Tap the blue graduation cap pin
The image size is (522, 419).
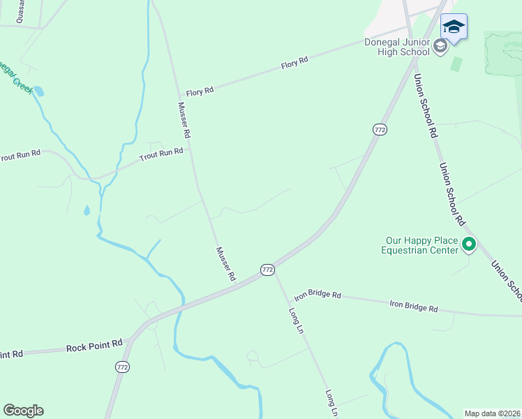click(x=454, y=28)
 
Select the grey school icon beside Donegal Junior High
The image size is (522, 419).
click(x=440, y=47)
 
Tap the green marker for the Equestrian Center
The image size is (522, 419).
click(x=469, y=245)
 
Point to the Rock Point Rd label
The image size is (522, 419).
click(x=95, y=346)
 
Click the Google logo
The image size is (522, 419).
click(x=23, y=411)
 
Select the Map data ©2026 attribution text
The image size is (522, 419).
click(x=492, y=413)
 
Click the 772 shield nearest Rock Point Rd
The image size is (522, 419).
click(x=122, y=367)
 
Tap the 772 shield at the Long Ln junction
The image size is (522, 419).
click(x=267, y=270)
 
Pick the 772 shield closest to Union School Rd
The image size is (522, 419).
click(x=380, y=130)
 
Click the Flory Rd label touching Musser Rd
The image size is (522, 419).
click(x=200, y=91)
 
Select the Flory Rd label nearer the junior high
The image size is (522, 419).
click(x=294, y=64)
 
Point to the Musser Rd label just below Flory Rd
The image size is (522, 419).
click(x=184, y=119)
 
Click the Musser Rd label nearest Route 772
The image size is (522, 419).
click(x=225, y=264)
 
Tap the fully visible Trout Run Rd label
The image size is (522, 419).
click(x=161, y=154)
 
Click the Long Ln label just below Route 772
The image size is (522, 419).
click(x=296, y=319)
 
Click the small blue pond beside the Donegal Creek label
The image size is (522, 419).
click(x=38, y=91)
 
